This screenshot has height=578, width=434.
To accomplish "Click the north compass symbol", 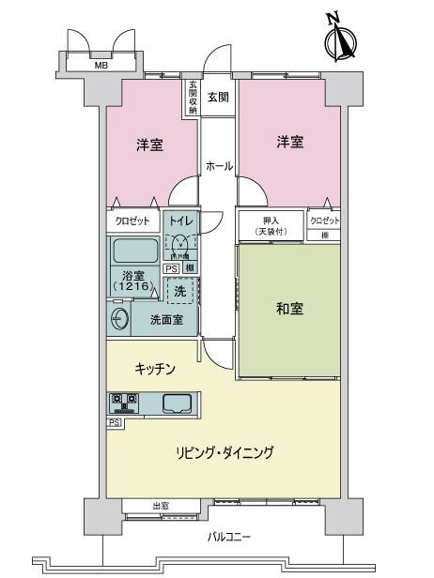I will (339, 38).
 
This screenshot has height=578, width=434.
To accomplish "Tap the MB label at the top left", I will (101, 66).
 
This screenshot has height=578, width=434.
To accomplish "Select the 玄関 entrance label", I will (217, 97).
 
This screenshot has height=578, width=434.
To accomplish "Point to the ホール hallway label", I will (218, 165).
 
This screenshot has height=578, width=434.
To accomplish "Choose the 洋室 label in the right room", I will (288, 142).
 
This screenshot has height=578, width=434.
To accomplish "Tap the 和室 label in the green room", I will (289, 309).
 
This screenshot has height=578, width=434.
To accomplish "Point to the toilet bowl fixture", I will (180, 246).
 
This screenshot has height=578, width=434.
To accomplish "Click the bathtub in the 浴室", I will (135, 252).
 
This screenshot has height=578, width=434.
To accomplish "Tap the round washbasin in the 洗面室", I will (119, 319).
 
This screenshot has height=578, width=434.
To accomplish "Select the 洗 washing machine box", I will (180, 292).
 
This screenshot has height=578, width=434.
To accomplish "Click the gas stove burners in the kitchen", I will (124, 404).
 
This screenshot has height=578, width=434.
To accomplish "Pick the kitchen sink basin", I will (177, 404).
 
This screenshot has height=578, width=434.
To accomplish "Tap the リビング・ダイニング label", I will (225, 453).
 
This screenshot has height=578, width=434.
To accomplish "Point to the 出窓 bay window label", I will (161, 507).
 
